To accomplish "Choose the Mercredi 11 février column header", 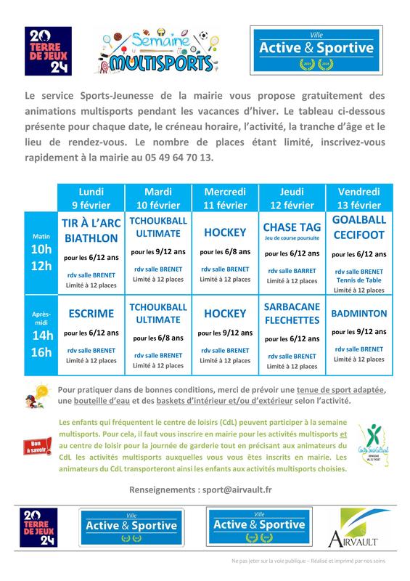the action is [224, 197].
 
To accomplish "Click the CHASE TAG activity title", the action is [292, 227].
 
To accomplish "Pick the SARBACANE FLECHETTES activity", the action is [292, 314].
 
